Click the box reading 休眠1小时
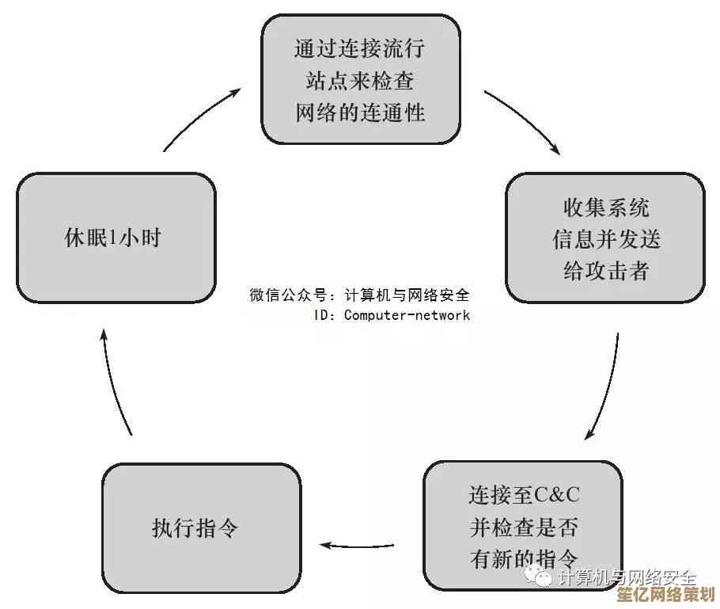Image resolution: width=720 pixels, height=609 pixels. (x=116, y=238)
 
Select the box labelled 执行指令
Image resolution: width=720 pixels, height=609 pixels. (x=201, y=527)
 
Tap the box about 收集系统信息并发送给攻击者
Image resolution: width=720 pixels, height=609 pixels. (x=605, y=238)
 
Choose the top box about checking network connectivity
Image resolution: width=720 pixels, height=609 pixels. (x=361, y=79)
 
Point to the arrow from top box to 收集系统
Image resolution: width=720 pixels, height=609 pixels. (x=525, y=120)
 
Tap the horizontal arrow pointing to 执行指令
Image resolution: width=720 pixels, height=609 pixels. (x=357, y=546)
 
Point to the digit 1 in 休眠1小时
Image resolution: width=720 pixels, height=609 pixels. (x=113, y=238)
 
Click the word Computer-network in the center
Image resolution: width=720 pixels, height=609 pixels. (x=407, y=315)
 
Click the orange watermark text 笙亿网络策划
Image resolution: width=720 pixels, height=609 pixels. (x=666, y=594)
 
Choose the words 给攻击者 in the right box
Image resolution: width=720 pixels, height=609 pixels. (x=606, y=270)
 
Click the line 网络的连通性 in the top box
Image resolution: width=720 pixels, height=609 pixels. (x=360, y=112)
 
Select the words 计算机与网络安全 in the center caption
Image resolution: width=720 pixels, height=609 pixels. (x=407, y=295)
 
